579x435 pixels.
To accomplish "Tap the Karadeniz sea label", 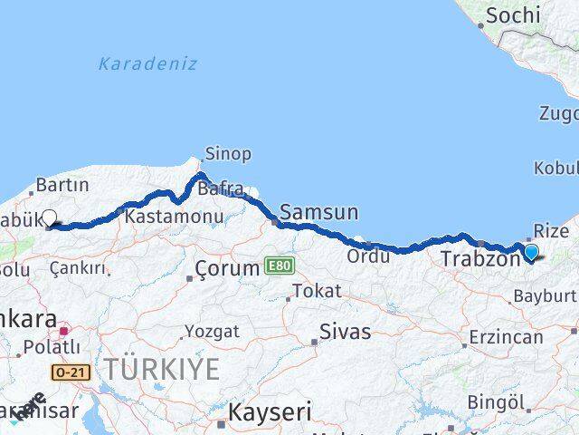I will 147,63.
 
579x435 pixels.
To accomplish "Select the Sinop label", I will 229,153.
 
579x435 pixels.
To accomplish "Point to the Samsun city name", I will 318,212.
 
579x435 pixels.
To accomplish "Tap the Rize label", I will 552,230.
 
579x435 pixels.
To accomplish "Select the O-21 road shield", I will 71,372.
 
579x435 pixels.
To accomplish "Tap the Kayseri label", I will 269,412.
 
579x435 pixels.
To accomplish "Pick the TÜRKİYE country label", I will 160,369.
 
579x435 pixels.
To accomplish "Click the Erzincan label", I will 506,337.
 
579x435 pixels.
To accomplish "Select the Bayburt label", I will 545,295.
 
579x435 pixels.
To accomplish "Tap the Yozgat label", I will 212,331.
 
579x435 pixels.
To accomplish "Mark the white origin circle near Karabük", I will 50,217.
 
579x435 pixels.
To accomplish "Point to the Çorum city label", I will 228,268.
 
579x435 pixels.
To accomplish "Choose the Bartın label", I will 62,185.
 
